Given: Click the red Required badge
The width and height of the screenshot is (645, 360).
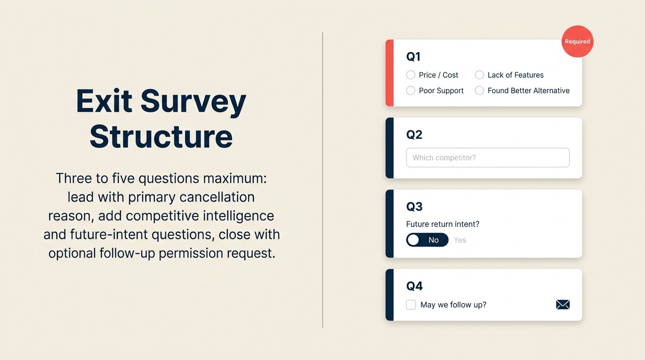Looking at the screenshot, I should [577, 41].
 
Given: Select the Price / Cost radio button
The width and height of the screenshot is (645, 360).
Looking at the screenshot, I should [411, 75].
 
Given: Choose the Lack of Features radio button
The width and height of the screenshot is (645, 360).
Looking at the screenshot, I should [479, 75].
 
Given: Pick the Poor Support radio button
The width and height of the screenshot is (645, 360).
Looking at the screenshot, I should [411, 90].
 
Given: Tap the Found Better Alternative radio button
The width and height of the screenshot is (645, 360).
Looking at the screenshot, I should [479, 90].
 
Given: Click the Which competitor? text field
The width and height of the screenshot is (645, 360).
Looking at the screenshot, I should [487, 157].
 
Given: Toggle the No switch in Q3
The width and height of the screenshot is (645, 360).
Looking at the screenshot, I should [427, 240].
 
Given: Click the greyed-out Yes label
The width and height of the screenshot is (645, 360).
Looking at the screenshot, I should [460, 240].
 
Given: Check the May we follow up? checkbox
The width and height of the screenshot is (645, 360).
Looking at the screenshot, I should [411, 305].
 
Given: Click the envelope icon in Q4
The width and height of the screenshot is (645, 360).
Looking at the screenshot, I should [562, 305].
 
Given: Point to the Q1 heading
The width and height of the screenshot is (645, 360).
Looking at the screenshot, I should [413, 57].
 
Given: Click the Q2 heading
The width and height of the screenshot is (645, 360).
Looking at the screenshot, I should [414, 135].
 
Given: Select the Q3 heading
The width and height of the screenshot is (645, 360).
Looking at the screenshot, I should [414, 207].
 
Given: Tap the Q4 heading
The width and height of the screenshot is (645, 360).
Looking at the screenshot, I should [414, 286].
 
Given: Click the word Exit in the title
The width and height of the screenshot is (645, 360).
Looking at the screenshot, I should [105, 101].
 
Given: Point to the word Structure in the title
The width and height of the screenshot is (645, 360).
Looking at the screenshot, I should [161, 136].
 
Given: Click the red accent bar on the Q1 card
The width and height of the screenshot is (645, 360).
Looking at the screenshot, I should [389, 73].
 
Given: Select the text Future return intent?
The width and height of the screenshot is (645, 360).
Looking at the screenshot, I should [442, 224].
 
